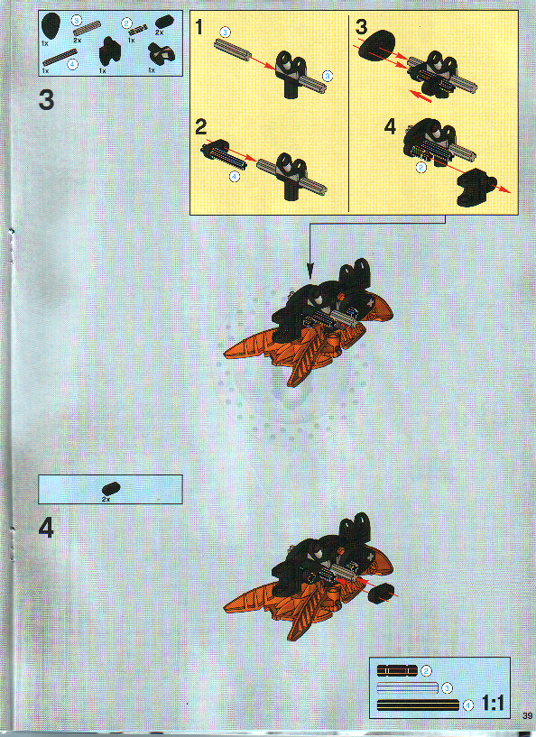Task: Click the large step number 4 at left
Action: (47, 529)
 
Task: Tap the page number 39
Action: (527, 717)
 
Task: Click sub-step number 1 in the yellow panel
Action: (200, 27)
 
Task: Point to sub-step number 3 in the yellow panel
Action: (361, 27)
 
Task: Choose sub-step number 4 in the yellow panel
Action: (390, 127)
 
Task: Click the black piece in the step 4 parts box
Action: (112, 487)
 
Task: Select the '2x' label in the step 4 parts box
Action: (106, 499)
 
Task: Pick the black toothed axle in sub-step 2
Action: (225, 155)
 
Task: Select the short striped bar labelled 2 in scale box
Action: (397, 670)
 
